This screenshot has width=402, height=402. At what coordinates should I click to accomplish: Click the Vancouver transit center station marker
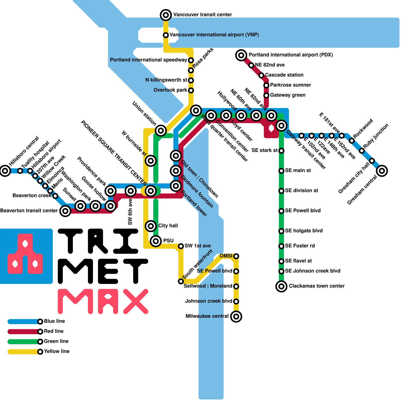click(166, 15)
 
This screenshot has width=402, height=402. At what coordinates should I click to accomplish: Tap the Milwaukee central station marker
click(236, 316)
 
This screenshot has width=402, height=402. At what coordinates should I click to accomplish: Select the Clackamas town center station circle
click(281, 286)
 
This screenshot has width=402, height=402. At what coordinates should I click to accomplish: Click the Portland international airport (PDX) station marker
click(241, 55)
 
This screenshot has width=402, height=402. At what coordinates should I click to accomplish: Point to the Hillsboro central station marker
click(5, 171)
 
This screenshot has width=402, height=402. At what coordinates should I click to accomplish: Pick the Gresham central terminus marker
click(382, 171)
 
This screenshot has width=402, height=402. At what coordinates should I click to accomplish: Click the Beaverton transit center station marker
click(65, 211)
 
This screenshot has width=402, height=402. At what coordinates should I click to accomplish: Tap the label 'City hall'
click(168, 226)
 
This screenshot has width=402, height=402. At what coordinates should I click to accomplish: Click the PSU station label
click(168, 241)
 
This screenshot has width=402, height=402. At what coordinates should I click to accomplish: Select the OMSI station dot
click(236, 256)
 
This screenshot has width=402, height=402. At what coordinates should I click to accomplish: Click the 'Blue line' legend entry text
click(54, 321)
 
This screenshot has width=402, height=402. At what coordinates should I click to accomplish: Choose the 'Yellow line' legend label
click(57, 351)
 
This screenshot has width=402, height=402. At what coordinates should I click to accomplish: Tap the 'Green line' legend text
click(56, 341)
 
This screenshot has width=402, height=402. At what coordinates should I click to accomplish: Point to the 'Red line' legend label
click(54, 331)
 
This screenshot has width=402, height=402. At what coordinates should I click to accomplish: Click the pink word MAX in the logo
click(103, 301)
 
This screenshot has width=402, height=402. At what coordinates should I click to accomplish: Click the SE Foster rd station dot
click(281, 246)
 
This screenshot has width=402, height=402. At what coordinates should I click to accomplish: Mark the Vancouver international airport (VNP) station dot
click(166, 35)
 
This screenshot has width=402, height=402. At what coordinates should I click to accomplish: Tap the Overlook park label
click(170, 90)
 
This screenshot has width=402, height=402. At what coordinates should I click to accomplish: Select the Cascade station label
click(284, 75)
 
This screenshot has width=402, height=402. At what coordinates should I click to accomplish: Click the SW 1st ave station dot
click(181, 246)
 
